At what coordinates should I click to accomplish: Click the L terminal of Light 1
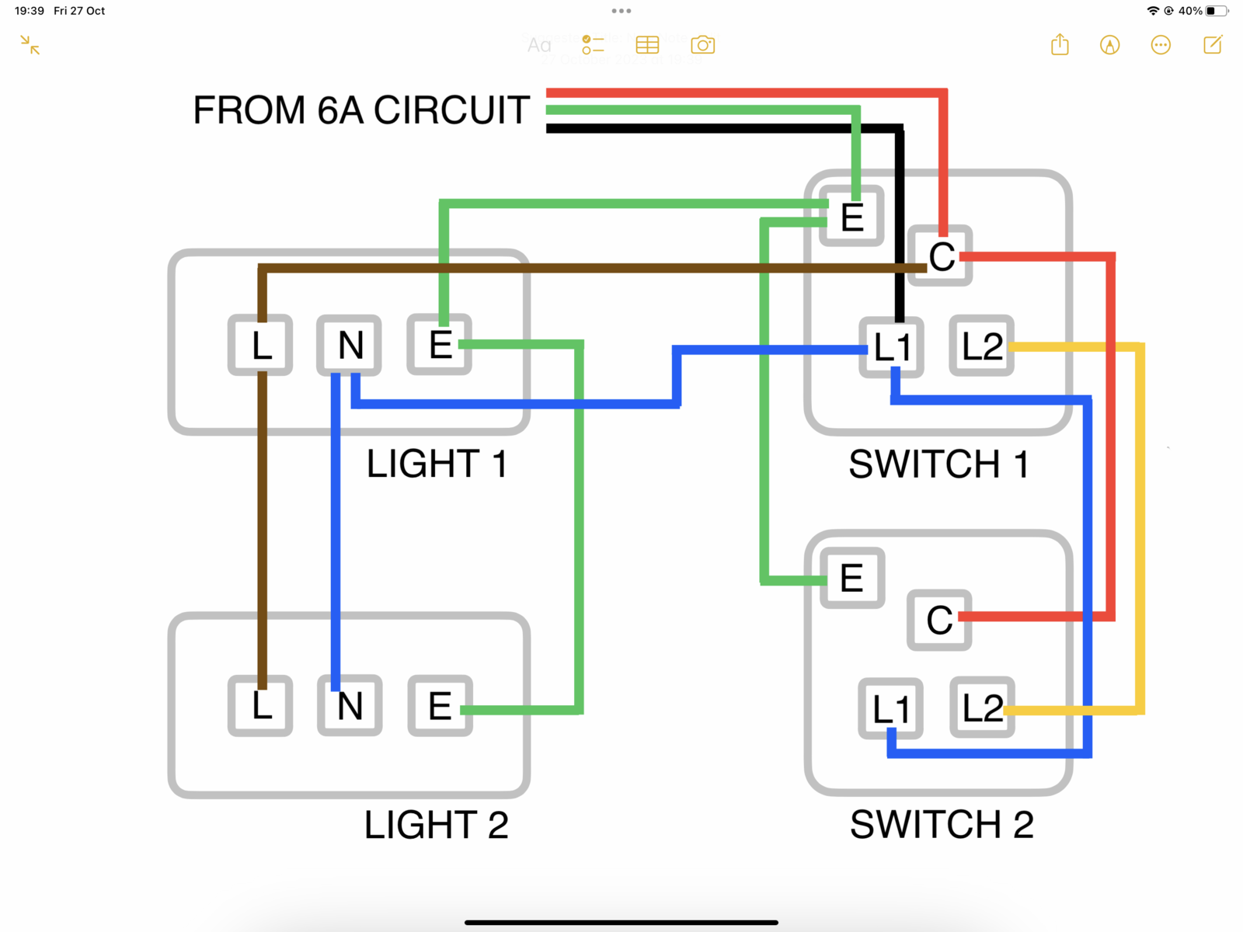pos(260,345)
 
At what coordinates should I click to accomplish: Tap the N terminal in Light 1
pos(350,345)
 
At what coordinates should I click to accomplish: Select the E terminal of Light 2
pos(440,706)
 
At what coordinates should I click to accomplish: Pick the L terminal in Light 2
pos(260,706)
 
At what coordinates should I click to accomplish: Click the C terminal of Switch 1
pos(941,256)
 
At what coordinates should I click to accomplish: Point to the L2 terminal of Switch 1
pos(982,346)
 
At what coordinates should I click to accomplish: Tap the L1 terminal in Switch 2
pos(890,708)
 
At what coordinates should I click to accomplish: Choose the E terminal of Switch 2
pos(852,578)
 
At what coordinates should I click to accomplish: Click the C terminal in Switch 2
pos(939,620)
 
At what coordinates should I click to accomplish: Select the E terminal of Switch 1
pos(852,217)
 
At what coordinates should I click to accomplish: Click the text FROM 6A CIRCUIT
pos(361,110)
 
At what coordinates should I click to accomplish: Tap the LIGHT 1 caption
pos(437,464)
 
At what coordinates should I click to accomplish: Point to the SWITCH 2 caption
pos(942,824)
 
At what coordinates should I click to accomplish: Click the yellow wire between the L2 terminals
pos(1140,528)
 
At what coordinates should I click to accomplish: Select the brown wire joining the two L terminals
pos(262,528)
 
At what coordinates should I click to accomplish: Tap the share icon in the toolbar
pos(1060,45)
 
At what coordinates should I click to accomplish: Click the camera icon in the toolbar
pos(702,45)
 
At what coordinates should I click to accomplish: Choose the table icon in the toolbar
pos(647,45)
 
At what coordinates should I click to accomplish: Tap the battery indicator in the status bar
pos(1217,11)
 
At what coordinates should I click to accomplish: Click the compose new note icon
pos(1213,45)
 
